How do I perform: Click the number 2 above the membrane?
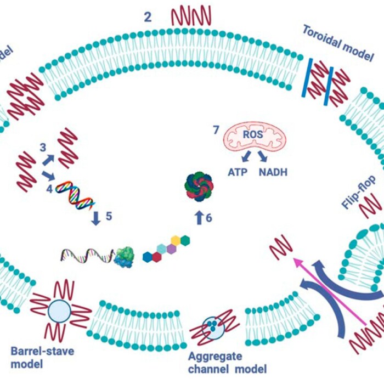[x=148, y=16]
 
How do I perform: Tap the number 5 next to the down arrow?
[x=109, y=216]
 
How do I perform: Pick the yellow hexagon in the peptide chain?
[x=176, y=240]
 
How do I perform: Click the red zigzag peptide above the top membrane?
[x=191, y=15]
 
